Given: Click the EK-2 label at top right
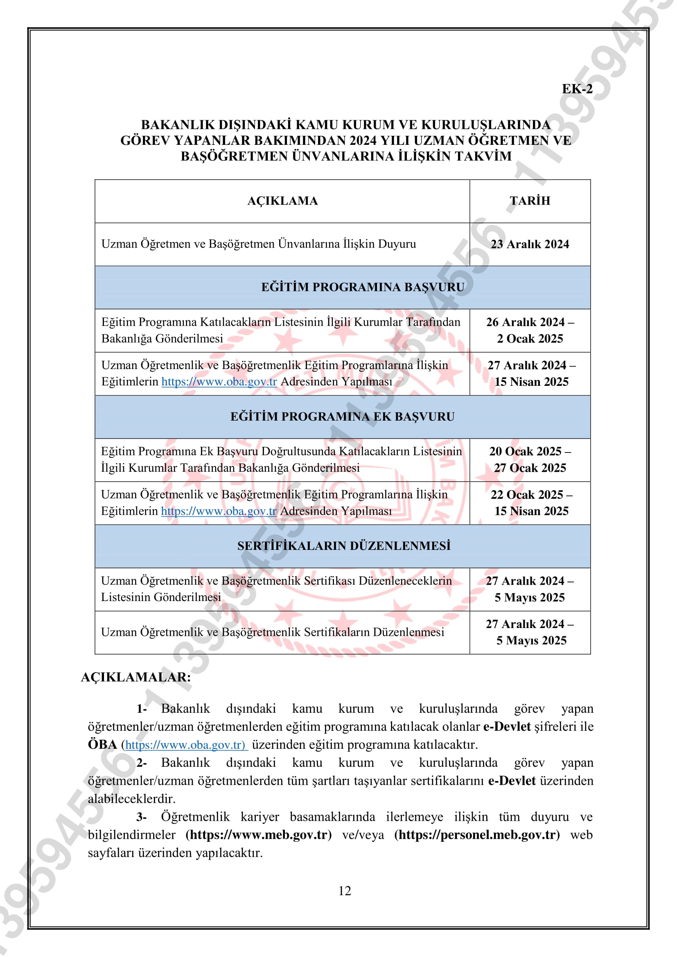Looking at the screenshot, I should [x=577, y=89].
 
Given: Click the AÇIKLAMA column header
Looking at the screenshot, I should [x=282, y=201].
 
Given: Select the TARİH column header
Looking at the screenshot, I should [x=529, y=201].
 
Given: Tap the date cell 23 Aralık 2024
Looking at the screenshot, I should [x=529, y=244].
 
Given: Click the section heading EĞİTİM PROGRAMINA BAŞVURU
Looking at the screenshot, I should [x=362, y=287].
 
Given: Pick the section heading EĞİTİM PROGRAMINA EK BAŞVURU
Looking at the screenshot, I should [x=342, y=417].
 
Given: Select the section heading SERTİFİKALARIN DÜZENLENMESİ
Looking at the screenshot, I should [x=343, y=546].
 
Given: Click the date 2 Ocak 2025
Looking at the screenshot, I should [x=529, y=339].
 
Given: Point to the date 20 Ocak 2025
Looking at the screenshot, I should [x=525, y=451].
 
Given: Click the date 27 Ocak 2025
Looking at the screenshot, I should [x=529, y=468].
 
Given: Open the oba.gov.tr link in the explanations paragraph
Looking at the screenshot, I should [x=185, y=744].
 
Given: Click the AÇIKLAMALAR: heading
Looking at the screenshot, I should [x=136, y=677].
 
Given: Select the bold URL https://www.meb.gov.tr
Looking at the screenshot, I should [x=258, y=835].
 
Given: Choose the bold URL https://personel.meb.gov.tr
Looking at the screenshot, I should [x=477, y=835].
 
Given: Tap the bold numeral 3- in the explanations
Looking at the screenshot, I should [x=141, y=817].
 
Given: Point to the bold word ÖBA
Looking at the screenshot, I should [x=102, y=744].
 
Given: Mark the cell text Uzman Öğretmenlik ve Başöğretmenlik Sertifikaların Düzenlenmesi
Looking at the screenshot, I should [x=272, y=632].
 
